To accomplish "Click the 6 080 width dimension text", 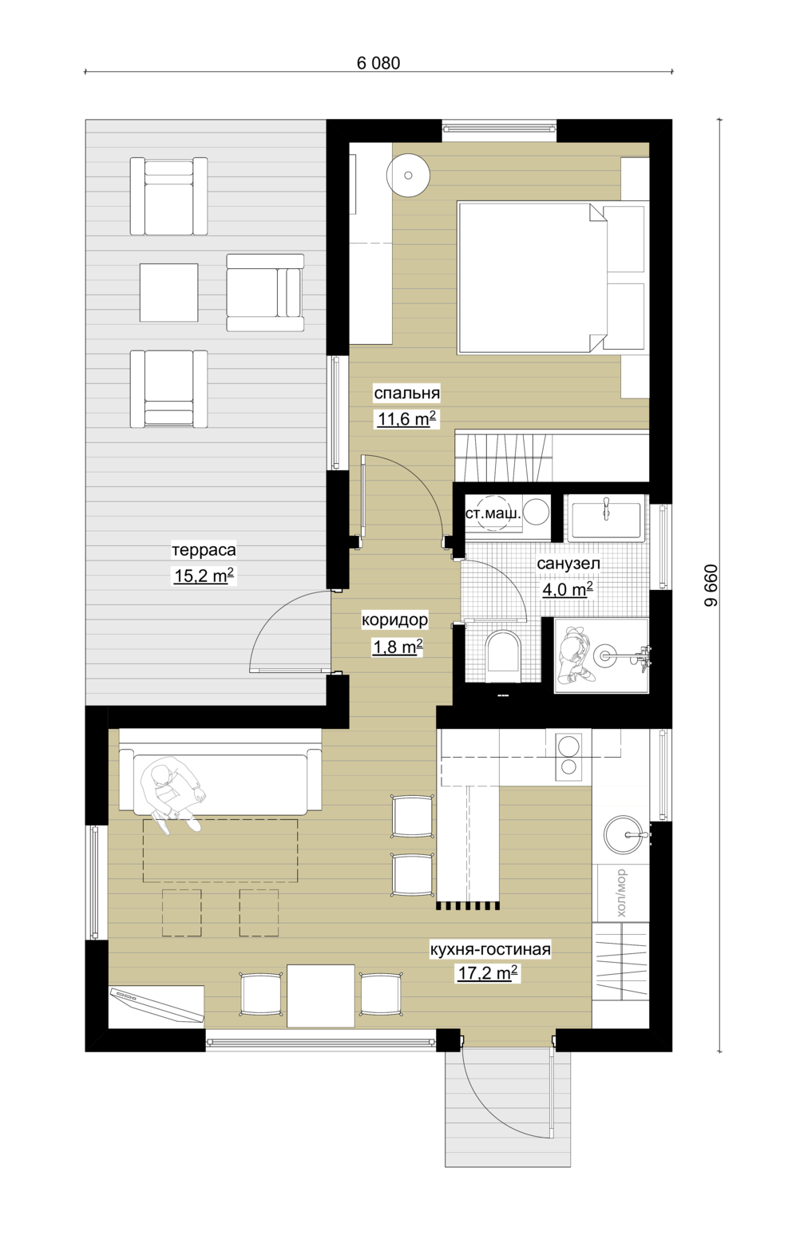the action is [378, 63].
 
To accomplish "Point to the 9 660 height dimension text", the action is [711, 585].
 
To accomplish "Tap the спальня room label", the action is [406, 394].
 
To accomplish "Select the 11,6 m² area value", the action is [406, 418].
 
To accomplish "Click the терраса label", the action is [204, 550].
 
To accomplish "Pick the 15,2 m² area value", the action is [204, 576].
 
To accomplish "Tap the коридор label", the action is [395, 620].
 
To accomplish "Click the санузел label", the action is [568, 564].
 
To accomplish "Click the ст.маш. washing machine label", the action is [493, 513].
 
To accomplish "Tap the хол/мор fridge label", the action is [621, 893].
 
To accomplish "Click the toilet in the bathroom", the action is [505, 655].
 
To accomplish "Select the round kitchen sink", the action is [624, 835].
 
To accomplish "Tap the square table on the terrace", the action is [168, 292].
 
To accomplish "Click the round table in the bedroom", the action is [409, 176].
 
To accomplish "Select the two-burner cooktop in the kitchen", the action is [568, 756].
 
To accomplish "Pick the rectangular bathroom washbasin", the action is [605, 519].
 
